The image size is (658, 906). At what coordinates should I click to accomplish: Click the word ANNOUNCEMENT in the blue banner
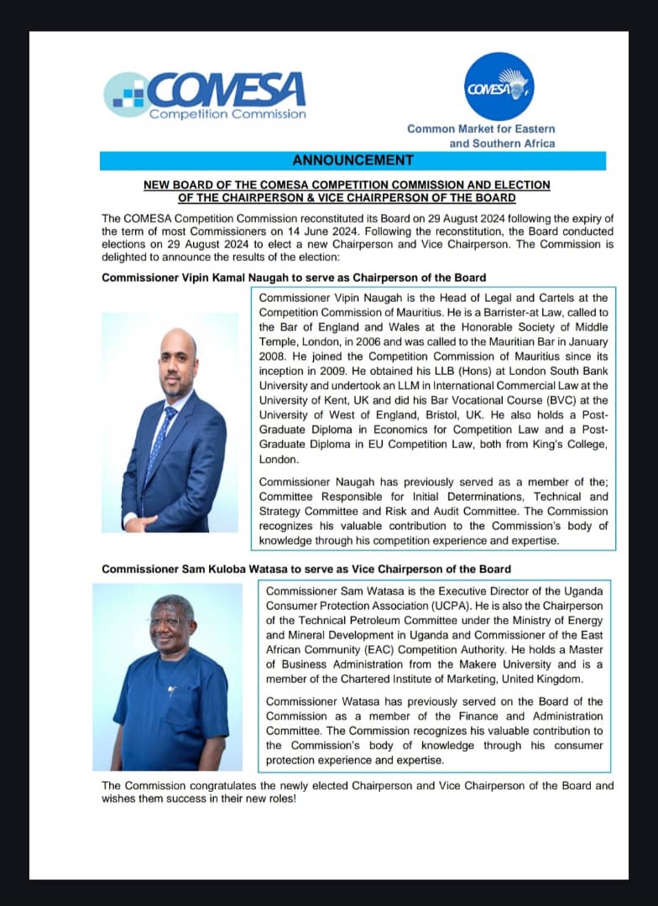pos(352,160)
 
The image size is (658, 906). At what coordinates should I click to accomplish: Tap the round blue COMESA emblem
pos(499,86)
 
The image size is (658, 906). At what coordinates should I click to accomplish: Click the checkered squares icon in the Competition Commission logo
pos(128,93)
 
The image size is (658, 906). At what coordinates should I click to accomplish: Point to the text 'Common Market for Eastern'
pos(481,128)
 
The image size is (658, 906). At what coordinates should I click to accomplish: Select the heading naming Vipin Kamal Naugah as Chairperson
pos(294,277)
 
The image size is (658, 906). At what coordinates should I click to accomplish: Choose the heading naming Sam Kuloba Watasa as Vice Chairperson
pos(306,569)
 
